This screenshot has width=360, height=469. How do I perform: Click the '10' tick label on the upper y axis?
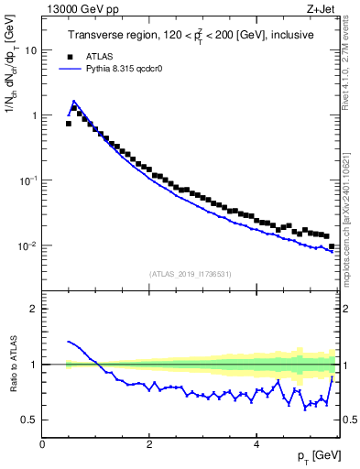(x=30, y=50)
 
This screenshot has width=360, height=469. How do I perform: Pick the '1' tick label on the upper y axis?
(x=33, y=115)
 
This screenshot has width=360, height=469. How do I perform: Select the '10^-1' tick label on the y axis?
(x=28, y=180)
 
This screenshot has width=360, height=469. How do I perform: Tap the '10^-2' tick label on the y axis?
(x=28, y=245)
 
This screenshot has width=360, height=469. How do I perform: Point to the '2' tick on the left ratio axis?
(x=35, y=309)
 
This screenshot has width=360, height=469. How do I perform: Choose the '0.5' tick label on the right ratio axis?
(x=349, y=420)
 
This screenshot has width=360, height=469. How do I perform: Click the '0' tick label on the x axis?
(x=42, y=444)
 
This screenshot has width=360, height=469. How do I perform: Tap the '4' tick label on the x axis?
(x=256, y=444)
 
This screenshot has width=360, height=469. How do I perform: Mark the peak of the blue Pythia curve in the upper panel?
(x=73, y=101)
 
